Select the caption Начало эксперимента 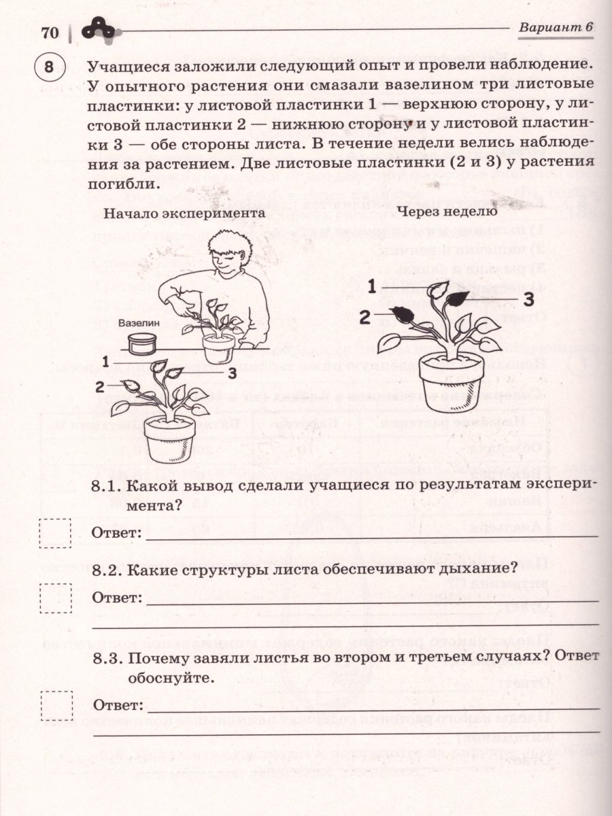pos(184,212)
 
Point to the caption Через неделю pos(449,210)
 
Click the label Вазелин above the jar pos(138,324)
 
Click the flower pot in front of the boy pos(219,347)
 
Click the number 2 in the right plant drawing pos(365,316)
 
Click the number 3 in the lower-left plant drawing pos(232,373)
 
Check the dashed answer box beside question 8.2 pos(55,598)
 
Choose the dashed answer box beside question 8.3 pos(56,704)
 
